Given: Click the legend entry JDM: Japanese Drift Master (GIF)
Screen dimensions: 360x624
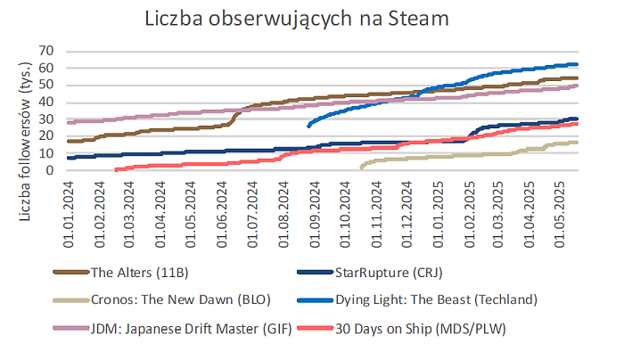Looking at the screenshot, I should click(177, 331).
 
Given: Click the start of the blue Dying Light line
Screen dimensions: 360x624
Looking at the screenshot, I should click(308, 126).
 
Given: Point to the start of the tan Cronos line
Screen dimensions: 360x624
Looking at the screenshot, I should click(361, 168).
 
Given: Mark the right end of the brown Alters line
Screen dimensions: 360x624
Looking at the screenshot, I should click(577, 78).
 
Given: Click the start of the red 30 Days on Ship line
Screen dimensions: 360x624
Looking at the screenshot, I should click(116, 169).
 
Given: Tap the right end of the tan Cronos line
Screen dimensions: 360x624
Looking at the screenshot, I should click(577, 143).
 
